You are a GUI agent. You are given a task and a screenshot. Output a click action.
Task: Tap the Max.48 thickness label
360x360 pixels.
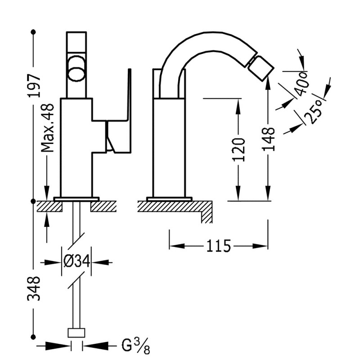tap(48, 129)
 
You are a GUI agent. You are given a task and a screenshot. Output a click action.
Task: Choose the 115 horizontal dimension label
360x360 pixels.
tap(219, 246)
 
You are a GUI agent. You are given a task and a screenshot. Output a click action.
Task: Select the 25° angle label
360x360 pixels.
tap(313, 111)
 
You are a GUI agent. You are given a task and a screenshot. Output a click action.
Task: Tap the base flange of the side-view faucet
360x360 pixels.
tap(169, 198)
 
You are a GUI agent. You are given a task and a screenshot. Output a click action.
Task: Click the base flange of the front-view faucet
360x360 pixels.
tap(76, 198)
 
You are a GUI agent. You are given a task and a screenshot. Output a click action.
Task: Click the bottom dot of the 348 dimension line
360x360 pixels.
tap(33, 336)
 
